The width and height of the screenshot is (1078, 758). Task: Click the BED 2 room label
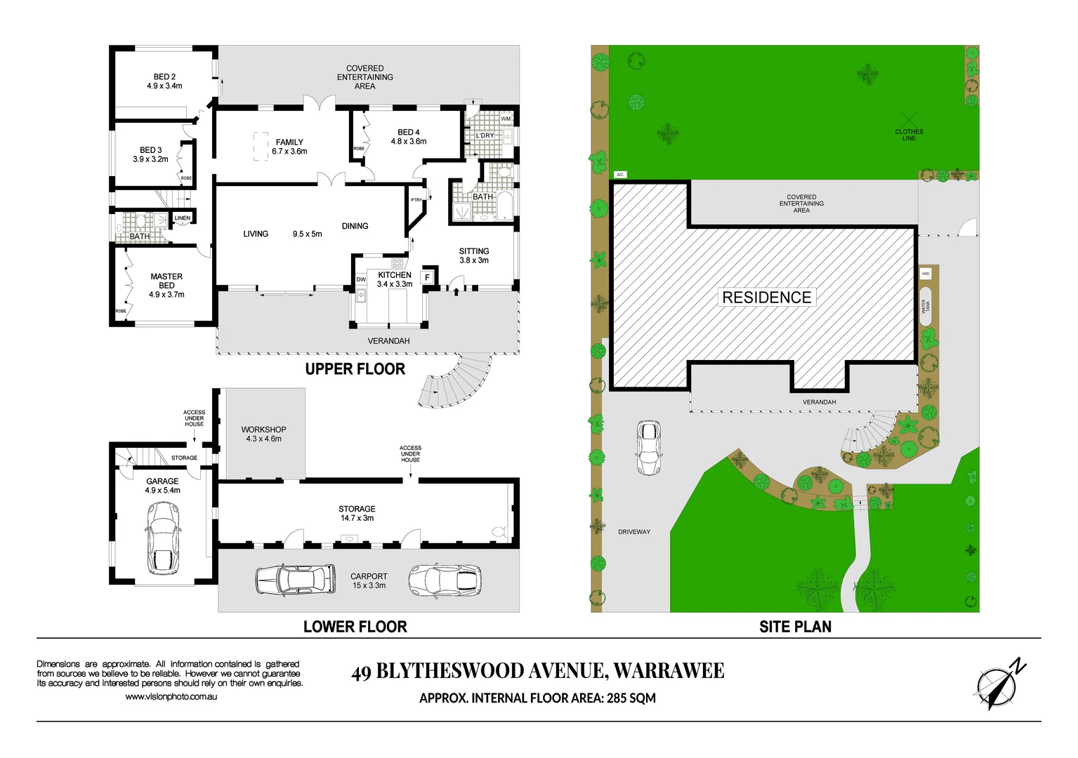pyautogui.click(x=164, y=81)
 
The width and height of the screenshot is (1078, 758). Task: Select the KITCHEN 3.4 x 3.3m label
pyautogui.click(x=394, y=279)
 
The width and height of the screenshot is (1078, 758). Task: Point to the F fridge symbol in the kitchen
pyautogui.click(x=427, y=278)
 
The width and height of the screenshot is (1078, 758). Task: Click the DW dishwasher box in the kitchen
pyautogui.click(x=361, y=279)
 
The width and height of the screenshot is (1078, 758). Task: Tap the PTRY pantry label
pyautogui.click(x=416, y=200)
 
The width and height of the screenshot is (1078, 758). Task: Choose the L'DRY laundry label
pyautogui.click(x=485, y=135)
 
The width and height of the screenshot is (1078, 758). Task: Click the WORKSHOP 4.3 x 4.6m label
pyautogui.click(x=263, y=434)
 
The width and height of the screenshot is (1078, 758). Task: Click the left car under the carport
pyautogui.click(x=296, y=579)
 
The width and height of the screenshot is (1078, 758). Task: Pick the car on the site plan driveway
pyautogui.click(x=648, y=448)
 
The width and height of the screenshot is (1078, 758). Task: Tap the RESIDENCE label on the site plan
pyautogui.click(x=766, y=298)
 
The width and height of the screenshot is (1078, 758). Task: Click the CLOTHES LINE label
pyautogui.click(x=909, y=135)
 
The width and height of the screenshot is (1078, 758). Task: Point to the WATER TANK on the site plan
pyautogui.click(x=926, y=307)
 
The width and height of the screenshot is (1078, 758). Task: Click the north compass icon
pyautogui.click(x=997, y=684)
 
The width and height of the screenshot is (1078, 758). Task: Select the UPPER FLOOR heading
pyautogui.click(x=355, y=369)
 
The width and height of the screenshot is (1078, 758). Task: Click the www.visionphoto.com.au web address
pyautogui.click(x=171, y=697)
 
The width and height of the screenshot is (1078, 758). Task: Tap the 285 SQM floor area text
pyautogui.click(x=631, y=698)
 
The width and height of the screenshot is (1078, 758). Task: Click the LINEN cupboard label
pyautogui.click(x=182, y=218)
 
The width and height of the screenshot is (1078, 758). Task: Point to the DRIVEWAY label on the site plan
pyautogui.click(x=633, y=532)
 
